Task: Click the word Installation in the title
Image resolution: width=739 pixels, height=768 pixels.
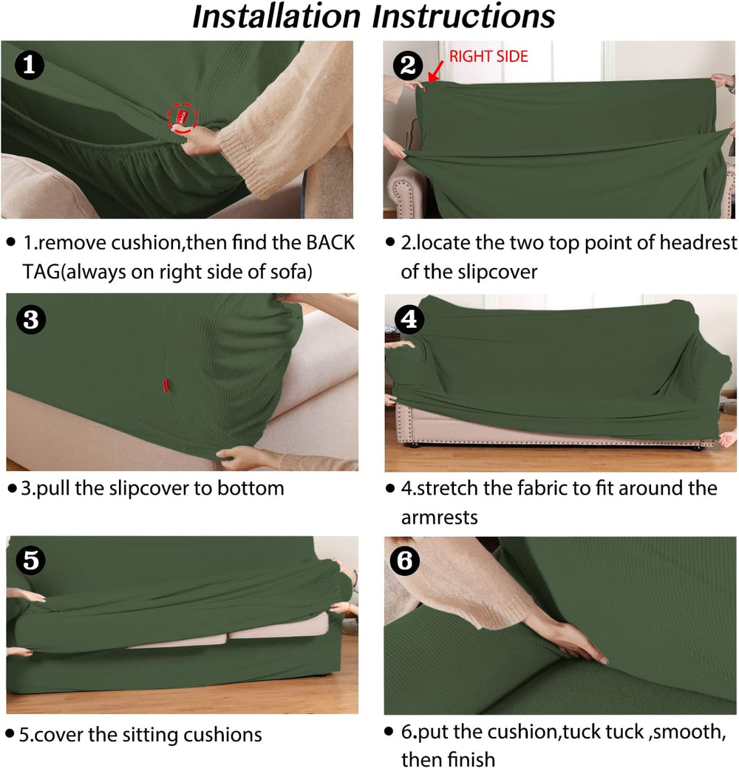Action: click(x=276, y=16)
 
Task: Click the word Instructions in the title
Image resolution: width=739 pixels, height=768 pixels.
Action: click(x=463, y=16)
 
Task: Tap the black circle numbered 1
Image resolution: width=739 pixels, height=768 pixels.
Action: click(x=30, y=65)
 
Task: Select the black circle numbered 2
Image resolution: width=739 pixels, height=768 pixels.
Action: click(x=408, y=65)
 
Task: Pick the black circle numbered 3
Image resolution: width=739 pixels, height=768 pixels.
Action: click(x=31, y=320)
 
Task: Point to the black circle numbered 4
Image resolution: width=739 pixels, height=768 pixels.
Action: click(x=409, y=319)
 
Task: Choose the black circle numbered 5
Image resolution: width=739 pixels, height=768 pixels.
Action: click(x=30, y=560)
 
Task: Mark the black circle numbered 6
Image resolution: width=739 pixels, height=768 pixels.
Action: click(x=405, y=560)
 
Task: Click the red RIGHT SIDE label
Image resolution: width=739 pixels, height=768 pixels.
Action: click(x=488, y=56)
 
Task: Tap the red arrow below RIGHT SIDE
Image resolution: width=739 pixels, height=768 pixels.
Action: click(x=436, y=71)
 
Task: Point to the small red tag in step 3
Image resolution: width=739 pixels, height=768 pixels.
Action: click(x=166, y=385)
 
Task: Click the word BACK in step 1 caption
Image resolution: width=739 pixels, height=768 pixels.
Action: click(x=330, y=243)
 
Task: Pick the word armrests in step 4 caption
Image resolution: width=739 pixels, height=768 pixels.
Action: click(x=440, y=518)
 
